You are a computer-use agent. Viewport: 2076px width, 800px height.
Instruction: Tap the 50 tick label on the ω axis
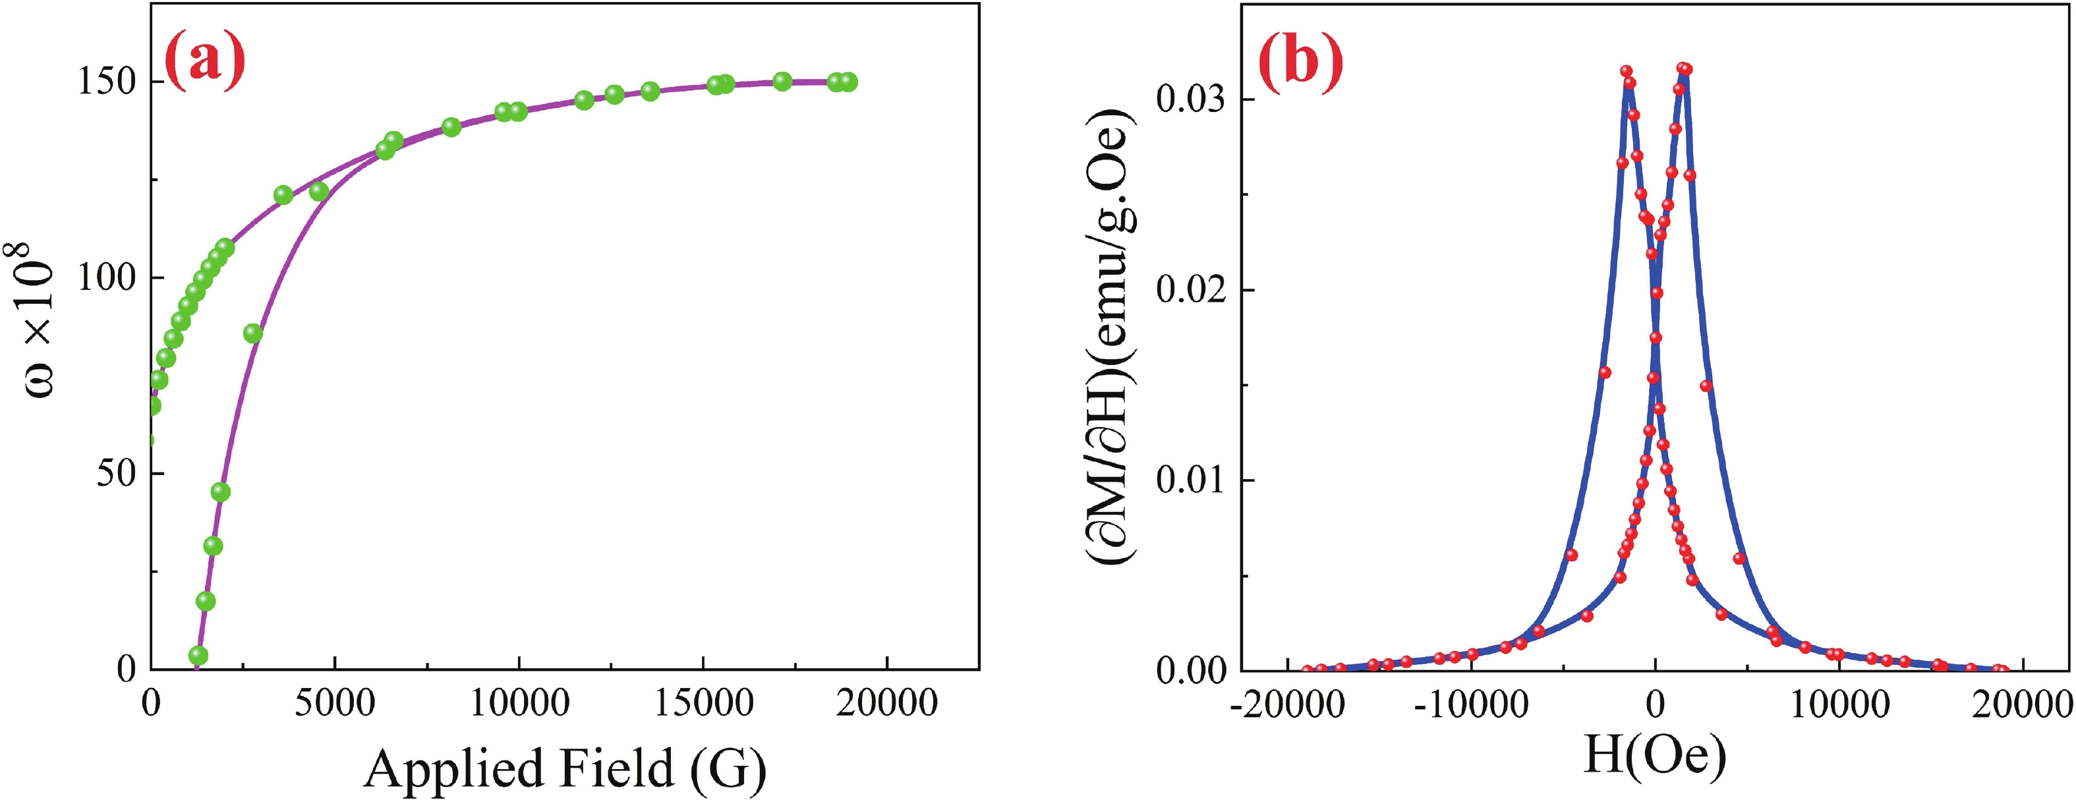116,474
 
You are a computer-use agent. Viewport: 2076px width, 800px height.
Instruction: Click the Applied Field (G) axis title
565,767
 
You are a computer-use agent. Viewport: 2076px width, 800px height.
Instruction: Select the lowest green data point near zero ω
198,655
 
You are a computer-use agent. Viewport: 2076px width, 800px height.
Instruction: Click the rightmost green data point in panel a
848,81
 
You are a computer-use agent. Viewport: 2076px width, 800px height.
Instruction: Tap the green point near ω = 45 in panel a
220,492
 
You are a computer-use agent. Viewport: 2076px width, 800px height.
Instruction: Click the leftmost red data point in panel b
1307,670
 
